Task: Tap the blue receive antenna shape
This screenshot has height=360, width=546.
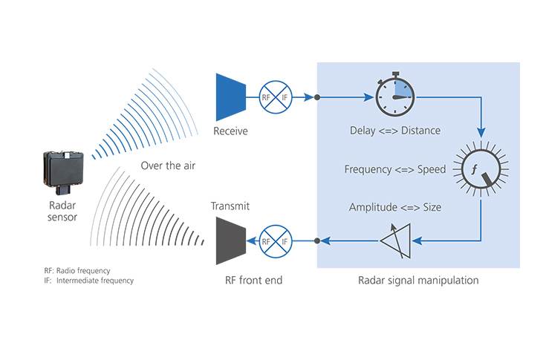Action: tap(230, 96)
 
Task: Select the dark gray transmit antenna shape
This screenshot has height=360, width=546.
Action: tap(230, 240)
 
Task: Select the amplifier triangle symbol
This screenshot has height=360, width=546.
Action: tap(394, 240)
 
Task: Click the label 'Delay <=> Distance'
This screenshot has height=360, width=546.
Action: tap(394, 131)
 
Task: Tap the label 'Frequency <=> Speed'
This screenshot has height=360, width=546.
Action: tap(394, 169)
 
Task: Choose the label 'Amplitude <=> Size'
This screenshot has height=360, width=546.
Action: tap(394, 207)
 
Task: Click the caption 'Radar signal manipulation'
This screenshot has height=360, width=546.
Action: tap(418, 281)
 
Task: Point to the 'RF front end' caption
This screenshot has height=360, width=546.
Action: tap(253, 281)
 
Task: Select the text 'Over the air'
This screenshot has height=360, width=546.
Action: tap(167, 165)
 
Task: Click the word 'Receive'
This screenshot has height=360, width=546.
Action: tap(230, 131)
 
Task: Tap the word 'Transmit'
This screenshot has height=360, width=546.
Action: tap(230, 206)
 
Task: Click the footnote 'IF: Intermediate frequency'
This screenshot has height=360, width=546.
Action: tap(89, 281)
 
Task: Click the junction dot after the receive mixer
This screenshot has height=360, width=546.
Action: tap(317, 96)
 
